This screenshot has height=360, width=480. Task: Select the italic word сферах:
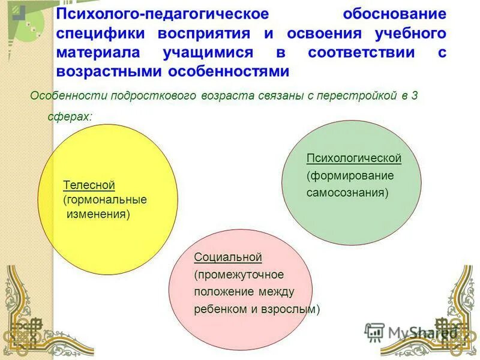coord(70,116)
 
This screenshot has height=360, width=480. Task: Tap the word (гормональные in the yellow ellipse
coord(104,200)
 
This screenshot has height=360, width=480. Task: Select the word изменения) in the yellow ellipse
coord(98,214)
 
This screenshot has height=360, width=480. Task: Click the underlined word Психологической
coord(353,158)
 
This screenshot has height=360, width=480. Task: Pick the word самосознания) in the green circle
coord(347,193)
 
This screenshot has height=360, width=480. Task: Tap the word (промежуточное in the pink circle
coord(238,275)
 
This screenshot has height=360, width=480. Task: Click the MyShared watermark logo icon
coord(374,332)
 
